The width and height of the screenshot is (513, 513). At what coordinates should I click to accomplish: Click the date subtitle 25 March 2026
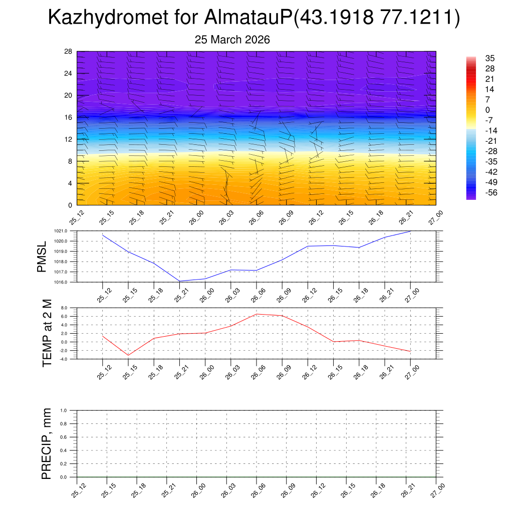coord(232,40)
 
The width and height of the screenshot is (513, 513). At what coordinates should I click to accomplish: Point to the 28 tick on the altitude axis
coord(68,52)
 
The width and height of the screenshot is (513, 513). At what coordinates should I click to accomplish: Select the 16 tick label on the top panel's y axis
coord(68,117)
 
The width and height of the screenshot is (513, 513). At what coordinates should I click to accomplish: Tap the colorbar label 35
coord(490,58)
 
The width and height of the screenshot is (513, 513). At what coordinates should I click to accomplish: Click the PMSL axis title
coord(42,256)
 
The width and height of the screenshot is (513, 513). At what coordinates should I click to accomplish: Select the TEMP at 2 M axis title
coord(47,333)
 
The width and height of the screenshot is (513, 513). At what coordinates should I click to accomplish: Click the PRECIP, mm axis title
coord(47,443)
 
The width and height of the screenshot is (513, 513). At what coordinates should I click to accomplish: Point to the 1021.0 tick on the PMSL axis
coord(68,231)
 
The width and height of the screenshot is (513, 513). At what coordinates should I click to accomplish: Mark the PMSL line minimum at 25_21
coord(179,281)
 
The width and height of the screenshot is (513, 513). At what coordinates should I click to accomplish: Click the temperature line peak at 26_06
coord(256,314)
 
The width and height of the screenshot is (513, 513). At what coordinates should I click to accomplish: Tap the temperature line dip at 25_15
coord(128,355)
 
